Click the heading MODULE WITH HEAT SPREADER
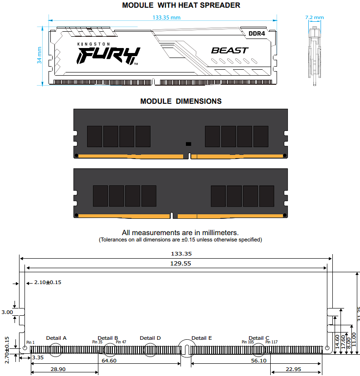[x=181, y=5]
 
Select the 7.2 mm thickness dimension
[x=314, y=18]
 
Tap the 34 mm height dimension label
[x=39, y=54]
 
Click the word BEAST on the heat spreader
[x=229, y=50]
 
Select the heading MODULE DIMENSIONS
[x=181, y=101]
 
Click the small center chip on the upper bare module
[x=189, y=144]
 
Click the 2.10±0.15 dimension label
[x=48, y=282]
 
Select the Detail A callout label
[x=56, y=338]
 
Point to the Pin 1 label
[x=30, y=342]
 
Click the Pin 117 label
[x=272, y=342]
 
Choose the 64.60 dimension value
[x=109, y=361]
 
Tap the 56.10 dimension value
[x=259, y=361]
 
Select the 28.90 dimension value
[x=58, y=369]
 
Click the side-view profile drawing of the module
[x=314, y=54]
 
